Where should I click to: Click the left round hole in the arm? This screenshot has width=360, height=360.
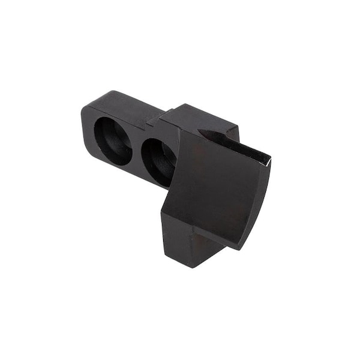point(112,140)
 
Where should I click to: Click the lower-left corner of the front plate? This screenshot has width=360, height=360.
point(163,211)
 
